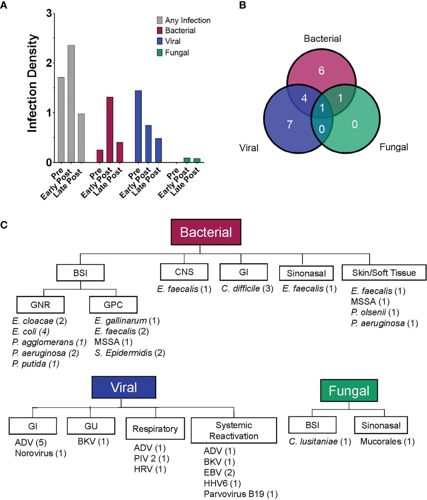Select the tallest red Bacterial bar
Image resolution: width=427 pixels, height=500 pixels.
[110, 129]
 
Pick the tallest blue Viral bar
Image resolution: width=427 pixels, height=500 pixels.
[138, 126]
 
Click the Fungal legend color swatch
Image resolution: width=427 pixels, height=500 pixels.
[160, 52]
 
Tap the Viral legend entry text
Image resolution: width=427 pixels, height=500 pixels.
[173, 41]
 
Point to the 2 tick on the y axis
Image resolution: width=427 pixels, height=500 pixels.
[49, 63]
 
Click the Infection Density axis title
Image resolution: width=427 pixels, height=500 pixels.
[32, 83]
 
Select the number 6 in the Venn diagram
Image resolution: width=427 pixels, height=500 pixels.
[321, 71]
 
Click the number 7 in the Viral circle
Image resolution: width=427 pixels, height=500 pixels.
[290, 124]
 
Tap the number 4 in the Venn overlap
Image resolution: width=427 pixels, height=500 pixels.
[304, 98]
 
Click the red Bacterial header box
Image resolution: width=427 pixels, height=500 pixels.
[206, 232]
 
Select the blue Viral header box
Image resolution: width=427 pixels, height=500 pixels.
[123, 387]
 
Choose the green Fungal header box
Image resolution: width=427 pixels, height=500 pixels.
[349, 391]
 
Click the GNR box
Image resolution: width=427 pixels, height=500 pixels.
[40, 305]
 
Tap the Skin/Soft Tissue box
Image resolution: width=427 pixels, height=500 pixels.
[384, 273]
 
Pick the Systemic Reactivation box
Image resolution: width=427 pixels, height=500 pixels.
[234, 430]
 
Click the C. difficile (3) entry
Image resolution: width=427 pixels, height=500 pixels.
[247, 289]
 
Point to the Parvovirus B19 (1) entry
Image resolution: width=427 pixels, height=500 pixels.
[240, 494]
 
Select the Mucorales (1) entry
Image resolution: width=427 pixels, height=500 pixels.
[387, 442]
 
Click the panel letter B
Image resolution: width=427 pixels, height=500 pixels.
[243, 5]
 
